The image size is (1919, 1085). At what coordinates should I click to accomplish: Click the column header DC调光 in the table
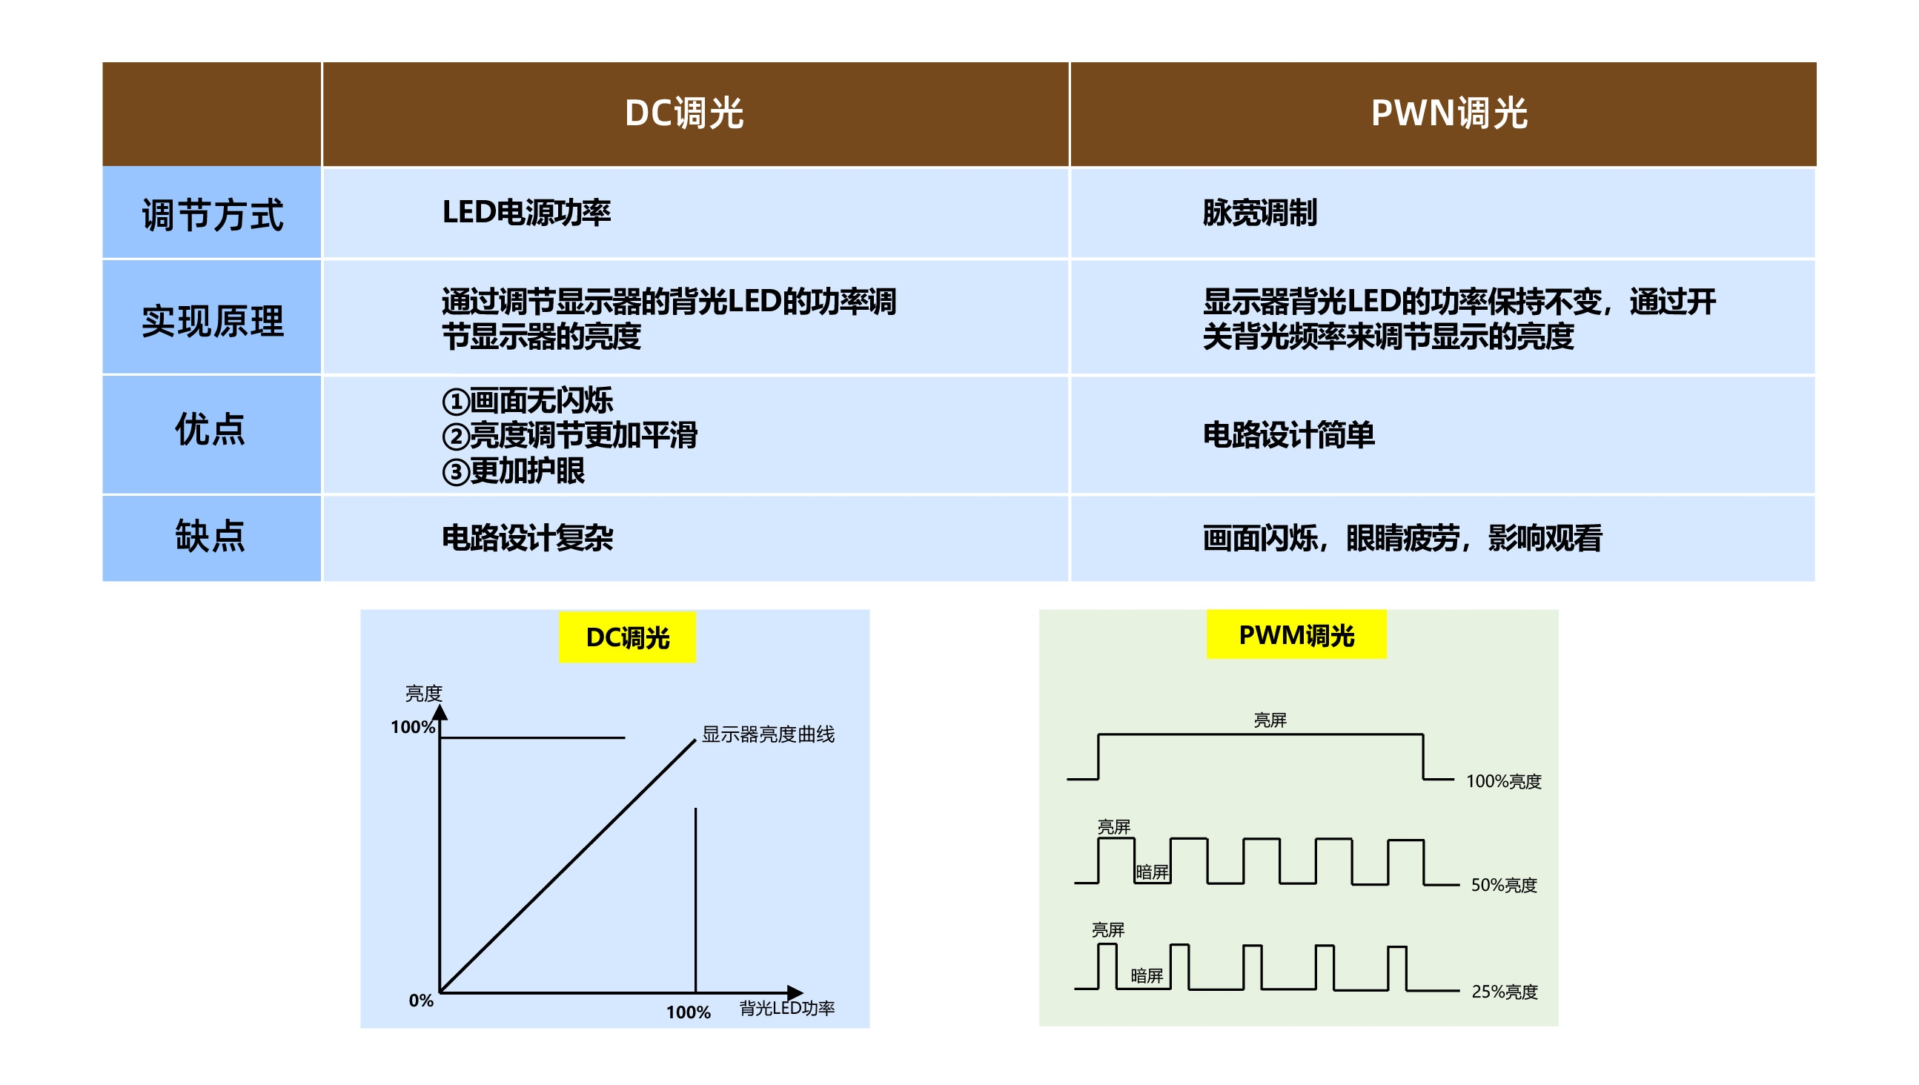pyautogui.click(x=683, y=113)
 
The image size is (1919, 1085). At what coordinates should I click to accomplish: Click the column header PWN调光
pyautogui.click(x=1449, y=113)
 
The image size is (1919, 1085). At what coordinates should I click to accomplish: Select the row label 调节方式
pyautogui.click(x=213, y=215)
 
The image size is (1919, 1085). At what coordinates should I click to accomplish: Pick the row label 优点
pyautogui.click(x=211, y=429)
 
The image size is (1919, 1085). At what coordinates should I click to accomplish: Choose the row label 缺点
pyautogui.click(x=211, y=536)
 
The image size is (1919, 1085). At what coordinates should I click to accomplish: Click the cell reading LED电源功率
pyautogui.click(x=526, y=213)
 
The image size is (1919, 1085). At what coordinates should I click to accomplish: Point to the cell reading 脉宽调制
pyautogui.click(x=1259, y=213)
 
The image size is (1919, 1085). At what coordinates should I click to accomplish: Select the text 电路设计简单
pyautogui.click(x=1288, y=434)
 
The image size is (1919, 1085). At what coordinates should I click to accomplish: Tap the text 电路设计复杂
pyautogui.click(x=527, y=537)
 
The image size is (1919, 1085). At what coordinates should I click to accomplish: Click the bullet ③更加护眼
pyautogui.click(x=514, y=471)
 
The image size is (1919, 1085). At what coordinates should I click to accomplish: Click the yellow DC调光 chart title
pyautogui.click(x=627, y=638)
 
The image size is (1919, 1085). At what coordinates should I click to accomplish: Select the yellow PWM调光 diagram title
pyautogui.click(x=1296, y=635)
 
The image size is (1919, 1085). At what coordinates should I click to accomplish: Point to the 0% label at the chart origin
pyautogui.click(x=421, y=1000)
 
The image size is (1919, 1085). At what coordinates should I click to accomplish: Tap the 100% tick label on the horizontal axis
pyautogui.click(x=688, y=1012)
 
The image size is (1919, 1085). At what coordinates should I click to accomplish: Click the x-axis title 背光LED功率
pyautogui.click(x=786, y=1007)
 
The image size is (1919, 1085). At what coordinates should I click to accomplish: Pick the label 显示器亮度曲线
pyautogui.click(x=768, y=734)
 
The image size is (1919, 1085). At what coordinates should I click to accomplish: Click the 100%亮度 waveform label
pyautogui.click(x=1503, y=781)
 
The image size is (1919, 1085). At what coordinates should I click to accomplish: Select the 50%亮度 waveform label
pyautogui.click(x=1503, y=885)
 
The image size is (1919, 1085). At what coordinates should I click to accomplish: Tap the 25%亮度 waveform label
pyautogui.click(x=1504, y=991)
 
